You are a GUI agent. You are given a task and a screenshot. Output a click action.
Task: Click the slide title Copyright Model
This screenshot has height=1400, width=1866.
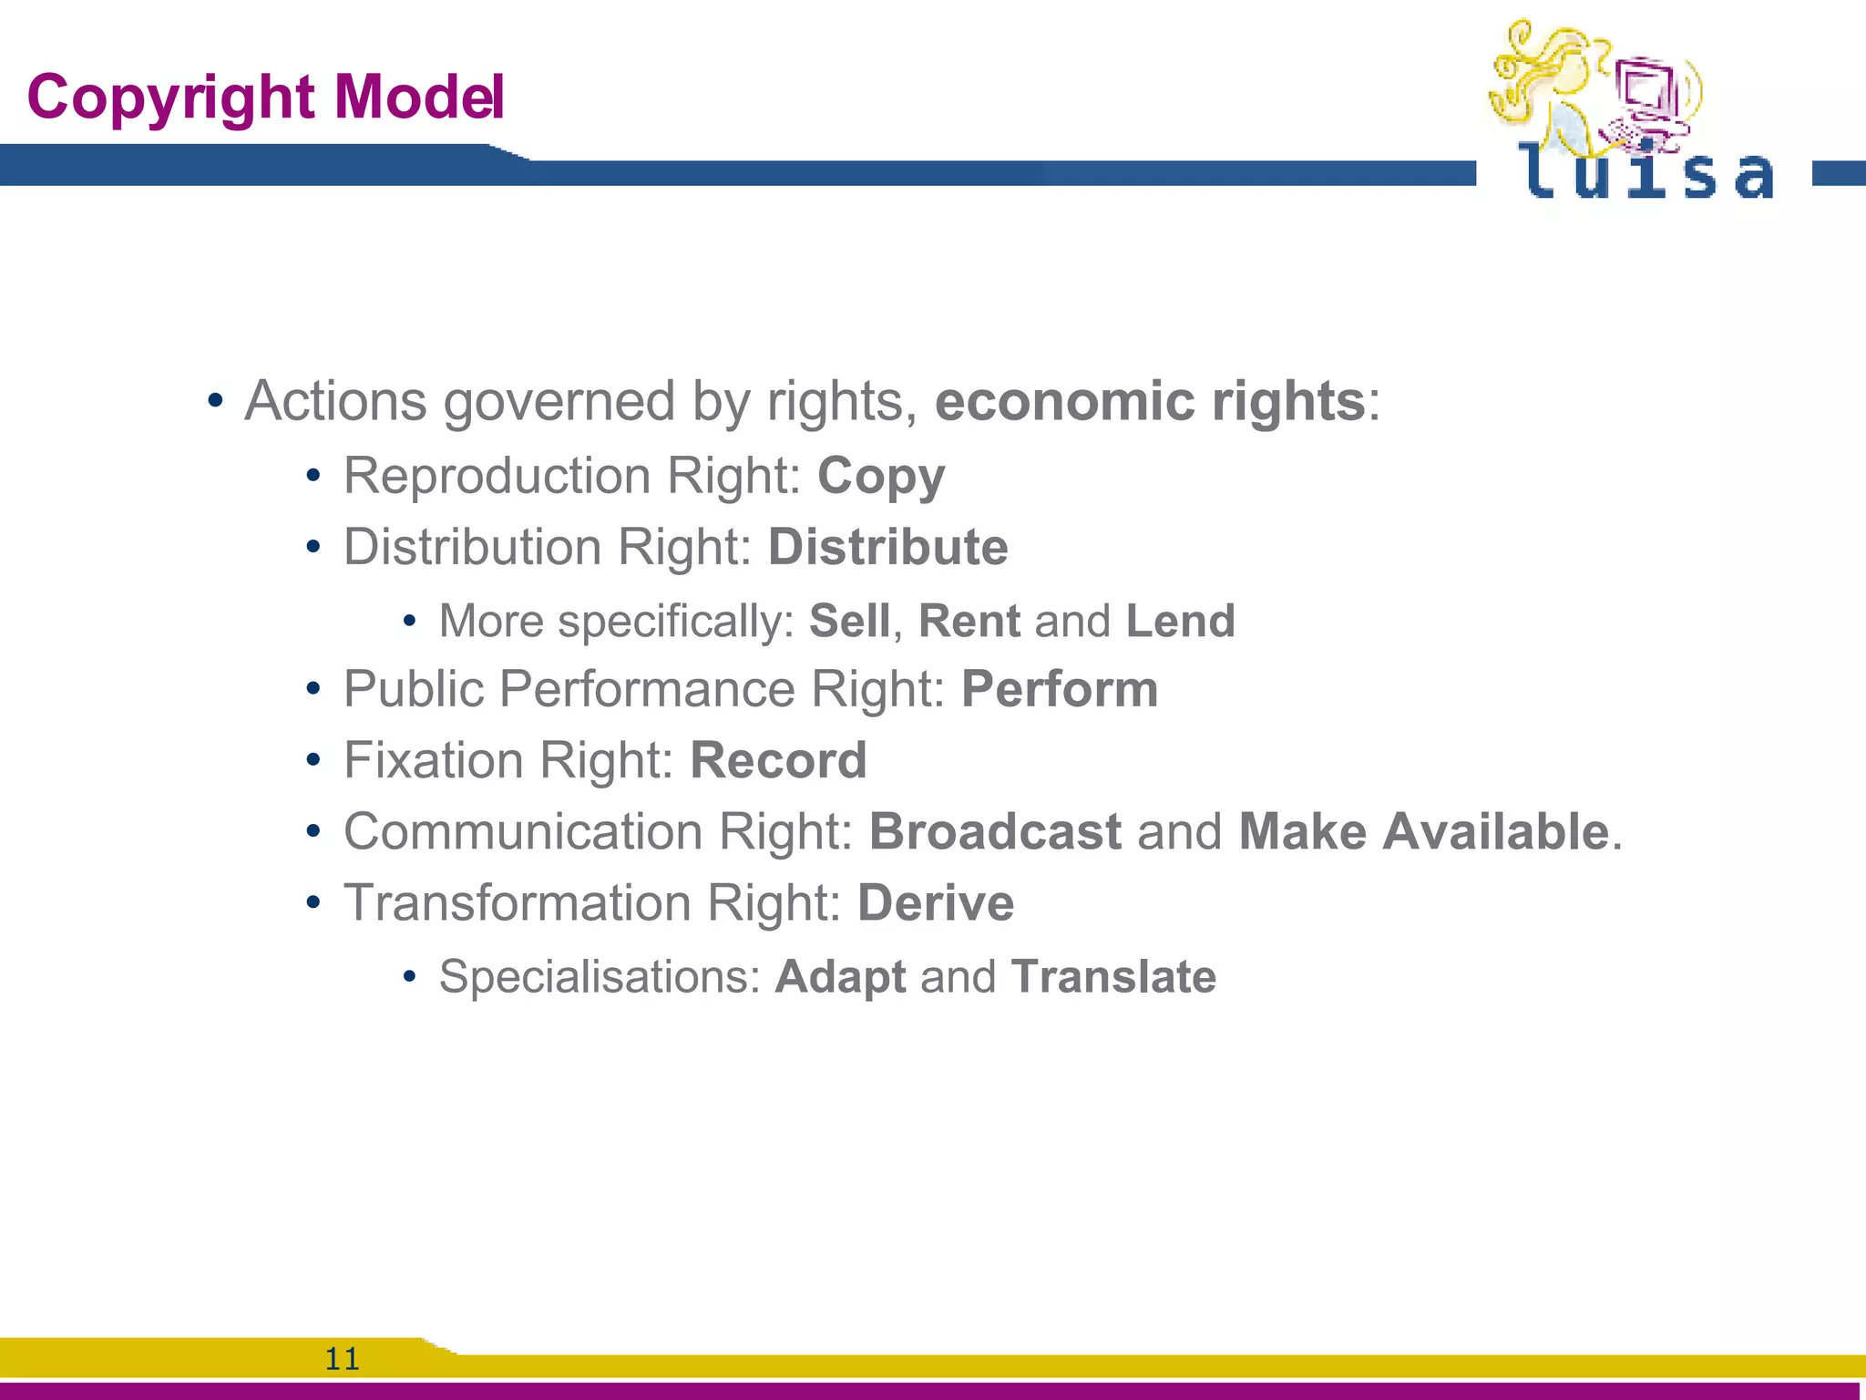click(265, 97)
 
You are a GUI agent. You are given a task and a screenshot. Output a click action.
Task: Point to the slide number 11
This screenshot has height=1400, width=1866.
click(343, 1359)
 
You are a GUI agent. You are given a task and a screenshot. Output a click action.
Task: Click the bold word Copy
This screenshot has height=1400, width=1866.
click(881, 477)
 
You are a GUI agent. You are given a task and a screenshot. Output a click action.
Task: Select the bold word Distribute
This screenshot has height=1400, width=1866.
click(887, 547)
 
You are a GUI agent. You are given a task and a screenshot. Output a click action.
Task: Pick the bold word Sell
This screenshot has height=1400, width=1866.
click(849, 622)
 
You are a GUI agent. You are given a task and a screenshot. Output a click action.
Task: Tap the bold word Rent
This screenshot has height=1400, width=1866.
click(969, 622)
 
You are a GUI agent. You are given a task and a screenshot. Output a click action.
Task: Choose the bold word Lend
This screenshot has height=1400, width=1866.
click(1180, 622)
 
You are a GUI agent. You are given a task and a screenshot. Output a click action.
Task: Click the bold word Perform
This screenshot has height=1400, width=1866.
click(1060, 689)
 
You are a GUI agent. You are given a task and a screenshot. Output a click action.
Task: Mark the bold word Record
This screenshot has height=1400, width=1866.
click(778, 760)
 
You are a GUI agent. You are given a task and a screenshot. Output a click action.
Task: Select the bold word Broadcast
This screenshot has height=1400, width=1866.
click(995, 831)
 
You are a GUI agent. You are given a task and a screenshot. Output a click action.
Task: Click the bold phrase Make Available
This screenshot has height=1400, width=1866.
click(1424, 831)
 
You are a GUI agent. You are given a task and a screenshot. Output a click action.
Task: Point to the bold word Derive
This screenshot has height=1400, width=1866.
click(936, 902)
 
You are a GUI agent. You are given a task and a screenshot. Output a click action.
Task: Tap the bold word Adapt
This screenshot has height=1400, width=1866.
click(840, 977)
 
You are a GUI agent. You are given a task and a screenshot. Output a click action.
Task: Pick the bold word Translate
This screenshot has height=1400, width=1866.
click(1113, 977)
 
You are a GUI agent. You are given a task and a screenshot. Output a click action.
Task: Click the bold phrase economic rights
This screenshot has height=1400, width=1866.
click(1150, 401)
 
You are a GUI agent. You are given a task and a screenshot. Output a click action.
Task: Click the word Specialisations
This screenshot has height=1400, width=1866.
click(600, 977)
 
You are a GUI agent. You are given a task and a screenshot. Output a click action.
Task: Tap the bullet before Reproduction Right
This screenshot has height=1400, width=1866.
click(313, 477)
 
